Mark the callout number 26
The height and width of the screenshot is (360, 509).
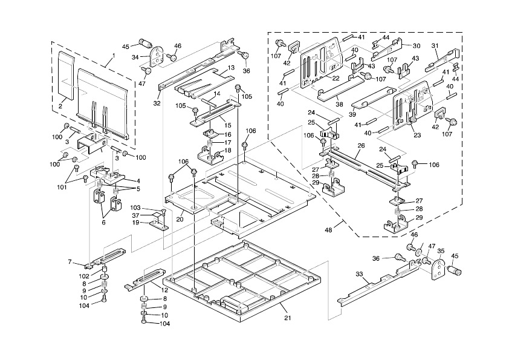361,145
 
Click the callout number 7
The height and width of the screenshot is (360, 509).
70,261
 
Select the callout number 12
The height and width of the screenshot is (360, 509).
164,290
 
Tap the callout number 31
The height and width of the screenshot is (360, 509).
434,45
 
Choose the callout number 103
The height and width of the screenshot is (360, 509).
135,208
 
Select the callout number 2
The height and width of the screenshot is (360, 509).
60,106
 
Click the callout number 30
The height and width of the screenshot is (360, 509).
417,46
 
